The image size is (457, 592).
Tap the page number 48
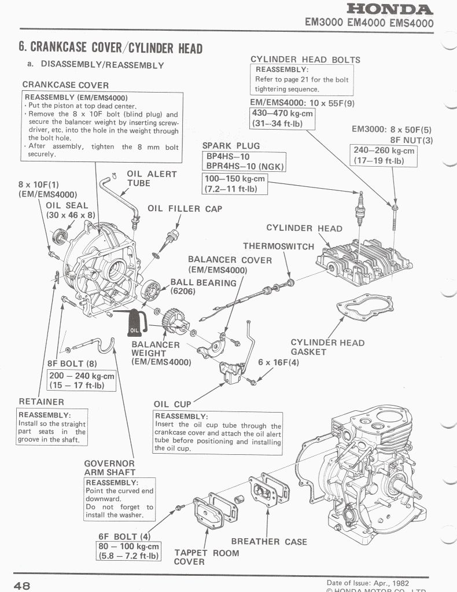[x=23, y=584]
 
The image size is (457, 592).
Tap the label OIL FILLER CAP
[x=185, y=208]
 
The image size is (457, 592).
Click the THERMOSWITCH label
[x=278, y=246]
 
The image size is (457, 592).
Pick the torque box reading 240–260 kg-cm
[x=384, y=155]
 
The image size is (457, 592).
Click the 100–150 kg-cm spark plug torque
[x=235, y=183]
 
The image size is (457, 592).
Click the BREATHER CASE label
[x=269, y=542]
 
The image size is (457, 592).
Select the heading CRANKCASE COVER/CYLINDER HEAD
[x=109, y=47]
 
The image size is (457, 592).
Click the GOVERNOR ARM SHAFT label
[x=109, y=468]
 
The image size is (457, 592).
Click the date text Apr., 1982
[x=383, y=583]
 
